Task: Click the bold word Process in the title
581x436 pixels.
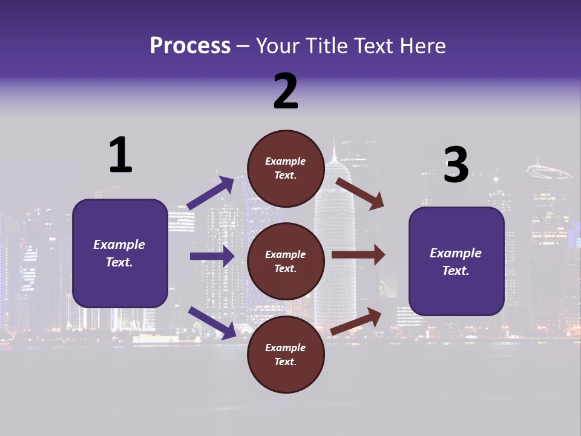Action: coord(190,46)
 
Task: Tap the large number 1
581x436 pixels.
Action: coord(120,155)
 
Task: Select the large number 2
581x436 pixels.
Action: coord(286,91)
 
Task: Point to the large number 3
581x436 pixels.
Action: coord(456,165)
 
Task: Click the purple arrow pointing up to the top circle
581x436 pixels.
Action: coord(211,193)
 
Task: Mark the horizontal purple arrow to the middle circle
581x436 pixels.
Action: coord(212,256)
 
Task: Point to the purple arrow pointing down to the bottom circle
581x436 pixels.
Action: coord(212,323)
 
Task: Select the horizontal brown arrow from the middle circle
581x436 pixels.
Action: coord(358,254)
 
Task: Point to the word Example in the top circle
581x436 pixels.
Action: coord(286,161)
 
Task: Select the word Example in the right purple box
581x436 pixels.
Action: coord(456,253)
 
